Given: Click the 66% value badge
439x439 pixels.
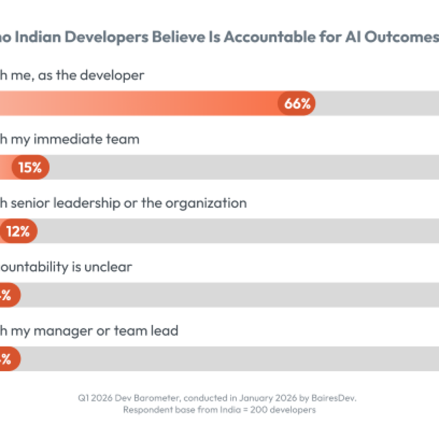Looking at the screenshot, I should (297, 103).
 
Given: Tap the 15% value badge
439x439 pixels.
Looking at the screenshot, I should (30, 167).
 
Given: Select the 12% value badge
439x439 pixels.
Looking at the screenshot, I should (18, 232).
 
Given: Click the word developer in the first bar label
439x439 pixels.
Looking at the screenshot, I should (112, 75).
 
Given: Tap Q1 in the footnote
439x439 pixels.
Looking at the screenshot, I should (83, 398).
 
